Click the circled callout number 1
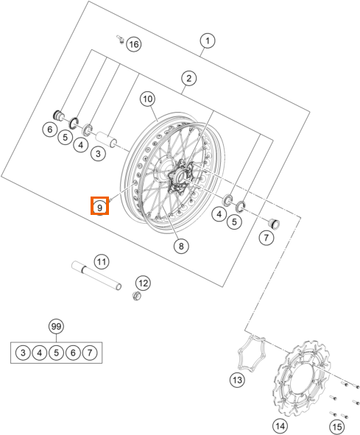[208, 40]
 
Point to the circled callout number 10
[147, 98]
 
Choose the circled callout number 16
[133, 44]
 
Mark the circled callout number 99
[55, 326]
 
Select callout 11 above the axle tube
[102, 261]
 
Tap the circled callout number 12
[143, 283]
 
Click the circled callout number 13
[236, 380]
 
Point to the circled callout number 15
[337, 425]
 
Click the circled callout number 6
[49, 130]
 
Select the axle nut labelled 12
[135, 296]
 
